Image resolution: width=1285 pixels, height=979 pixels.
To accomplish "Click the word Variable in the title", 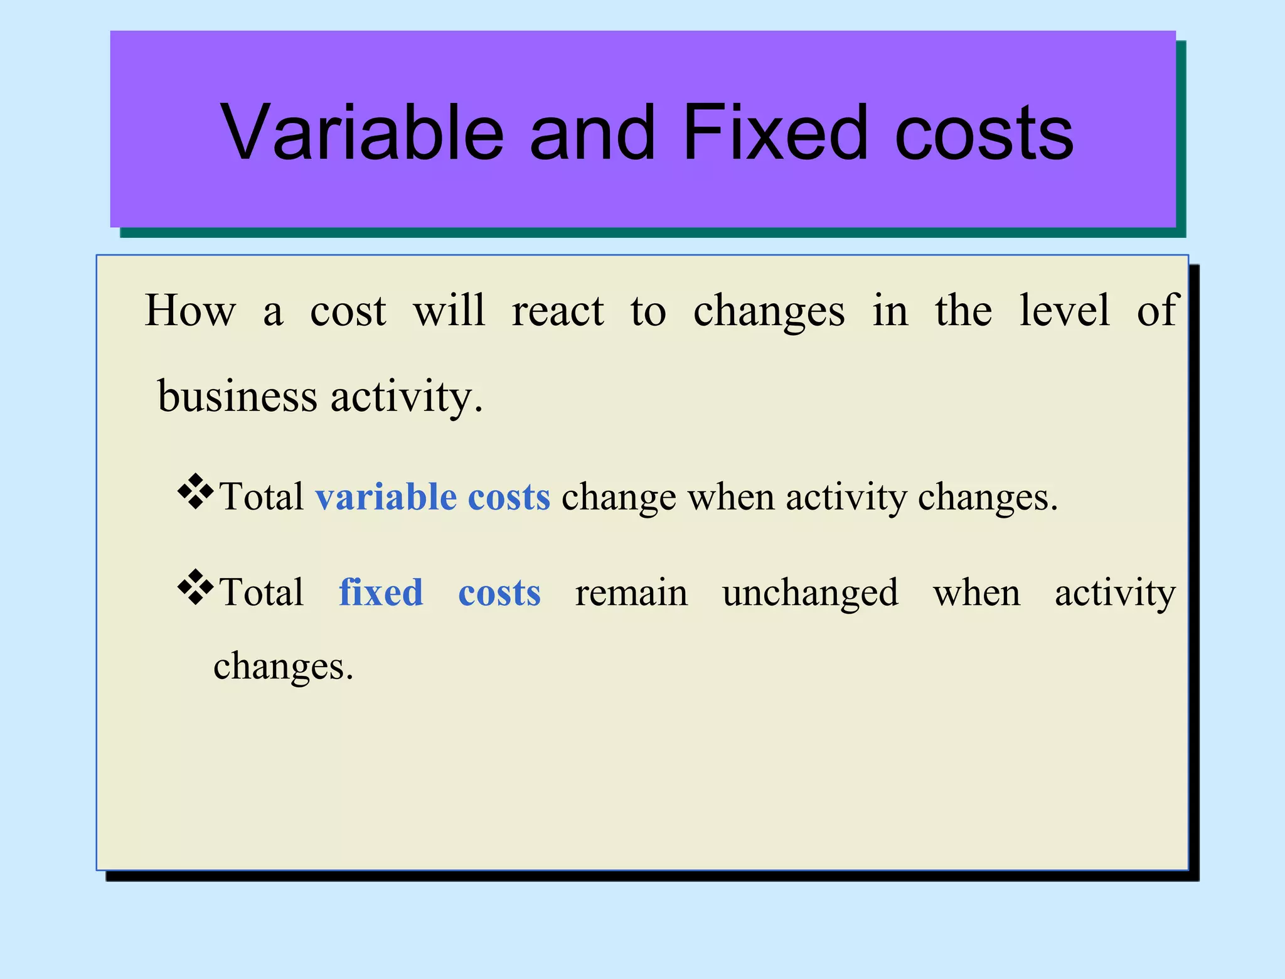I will coord(362,133).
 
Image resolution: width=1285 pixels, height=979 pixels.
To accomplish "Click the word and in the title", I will coord(593,133).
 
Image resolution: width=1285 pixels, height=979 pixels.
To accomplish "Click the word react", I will coord(558,312).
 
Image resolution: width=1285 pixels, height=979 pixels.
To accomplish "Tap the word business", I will coord(237,397).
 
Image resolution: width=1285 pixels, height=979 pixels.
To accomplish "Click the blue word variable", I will coord(386,497).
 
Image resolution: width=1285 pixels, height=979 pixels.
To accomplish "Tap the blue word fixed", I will coord(381,592).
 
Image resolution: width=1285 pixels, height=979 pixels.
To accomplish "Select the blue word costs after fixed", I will coord(499,594).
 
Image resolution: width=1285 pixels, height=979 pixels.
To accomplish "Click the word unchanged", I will coord(810,594).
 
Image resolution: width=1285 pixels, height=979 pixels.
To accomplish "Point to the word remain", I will coord(631,594).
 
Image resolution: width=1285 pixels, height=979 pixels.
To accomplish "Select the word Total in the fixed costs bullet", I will coord(262,592).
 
